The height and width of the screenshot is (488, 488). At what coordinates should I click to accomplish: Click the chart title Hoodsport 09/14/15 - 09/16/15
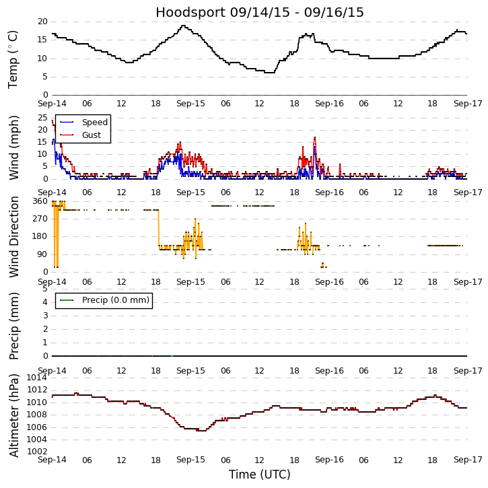260,13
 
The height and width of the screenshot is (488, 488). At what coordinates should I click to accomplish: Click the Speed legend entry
94,123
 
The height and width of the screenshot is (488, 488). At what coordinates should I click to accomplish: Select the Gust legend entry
91,135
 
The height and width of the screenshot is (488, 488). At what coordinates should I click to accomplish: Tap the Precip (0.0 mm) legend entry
115,300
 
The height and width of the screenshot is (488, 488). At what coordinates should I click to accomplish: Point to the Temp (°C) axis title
13,59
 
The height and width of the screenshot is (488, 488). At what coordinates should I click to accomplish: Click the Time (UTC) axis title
260,475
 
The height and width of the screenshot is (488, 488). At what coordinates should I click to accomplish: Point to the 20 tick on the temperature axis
42,22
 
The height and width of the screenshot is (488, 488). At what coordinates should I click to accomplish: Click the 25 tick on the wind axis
42,118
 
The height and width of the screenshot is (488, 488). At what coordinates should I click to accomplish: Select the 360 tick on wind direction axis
40,201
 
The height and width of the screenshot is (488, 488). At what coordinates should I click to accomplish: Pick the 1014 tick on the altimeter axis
36,378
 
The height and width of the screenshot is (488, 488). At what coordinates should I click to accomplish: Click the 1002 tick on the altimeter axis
36,451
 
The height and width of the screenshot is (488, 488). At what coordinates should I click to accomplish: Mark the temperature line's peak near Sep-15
182,26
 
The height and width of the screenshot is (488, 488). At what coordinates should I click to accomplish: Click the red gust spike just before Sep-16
314,138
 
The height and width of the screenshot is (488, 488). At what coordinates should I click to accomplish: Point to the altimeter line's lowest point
201,430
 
